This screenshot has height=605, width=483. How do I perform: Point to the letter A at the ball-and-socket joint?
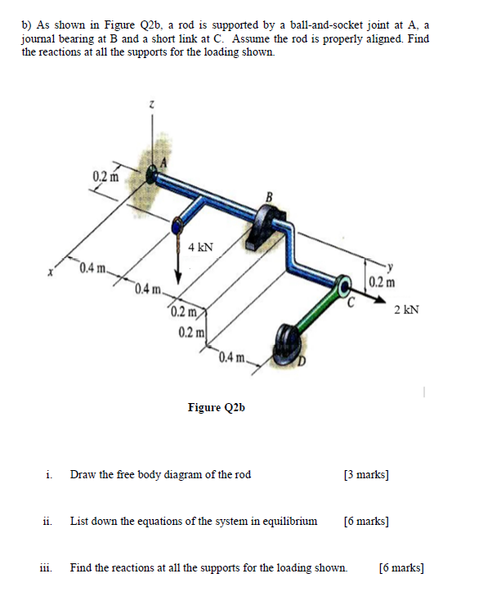162,161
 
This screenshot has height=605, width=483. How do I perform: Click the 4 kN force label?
201,247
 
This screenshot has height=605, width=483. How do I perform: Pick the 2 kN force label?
405,310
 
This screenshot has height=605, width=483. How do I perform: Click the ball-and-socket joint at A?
154,174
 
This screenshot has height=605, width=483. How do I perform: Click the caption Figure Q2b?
216,406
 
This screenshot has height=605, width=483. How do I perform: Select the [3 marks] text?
366,474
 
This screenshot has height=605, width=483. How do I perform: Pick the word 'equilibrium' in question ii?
287,520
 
